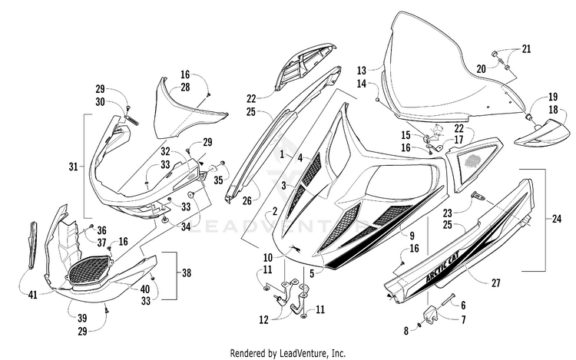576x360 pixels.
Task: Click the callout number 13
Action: (x=362, y=70)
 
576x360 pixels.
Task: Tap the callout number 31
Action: (x=74, y=167)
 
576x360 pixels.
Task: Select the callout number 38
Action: (x=187, y=272)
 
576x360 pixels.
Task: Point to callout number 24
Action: (x=557, y=219)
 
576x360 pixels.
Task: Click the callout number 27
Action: (x=496, y=283)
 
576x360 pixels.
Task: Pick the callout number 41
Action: (x=33, y=294)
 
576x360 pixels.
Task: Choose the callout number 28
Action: (x=185, y=87)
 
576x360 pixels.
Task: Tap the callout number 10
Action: (x=268, y=258)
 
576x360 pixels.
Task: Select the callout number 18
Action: (x=553, y=110)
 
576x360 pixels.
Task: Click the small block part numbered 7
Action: (x=432, y=316)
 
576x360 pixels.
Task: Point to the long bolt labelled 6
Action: (x=445, y=299)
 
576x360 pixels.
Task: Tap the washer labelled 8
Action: (x=419, y=325)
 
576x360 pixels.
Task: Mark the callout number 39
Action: (x=82, y=318)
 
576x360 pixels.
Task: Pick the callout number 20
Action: (x=482, y=68)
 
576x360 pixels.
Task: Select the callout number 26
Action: (x=247, y=201)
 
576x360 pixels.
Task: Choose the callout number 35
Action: (x=218, y=180)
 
